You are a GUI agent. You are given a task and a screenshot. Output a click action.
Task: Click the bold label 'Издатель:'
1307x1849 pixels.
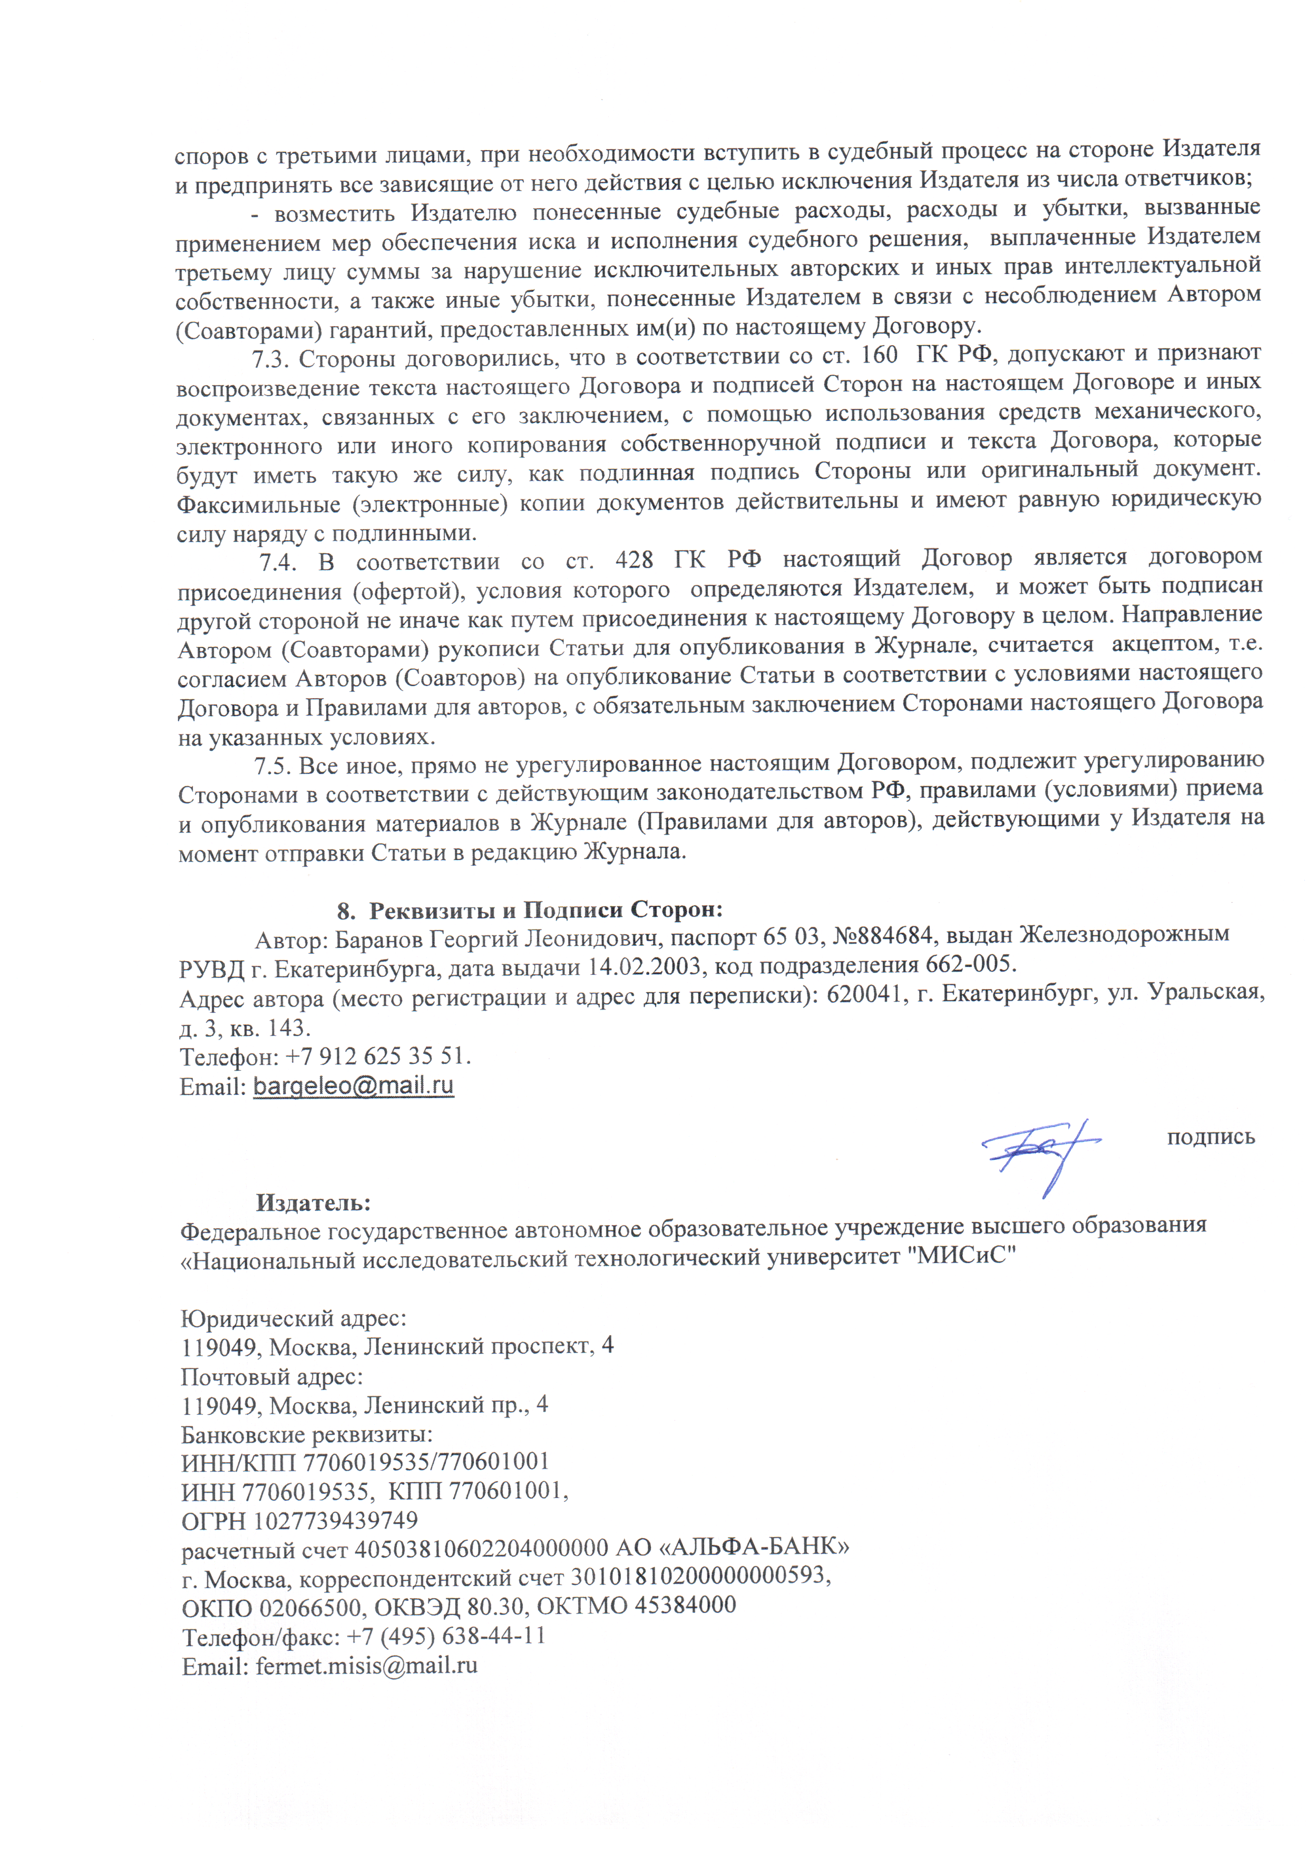[313, 1202]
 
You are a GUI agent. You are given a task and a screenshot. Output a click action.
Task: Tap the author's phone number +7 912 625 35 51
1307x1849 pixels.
[378, 1056]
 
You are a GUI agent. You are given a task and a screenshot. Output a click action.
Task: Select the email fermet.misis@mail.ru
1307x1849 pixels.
[366, 1666]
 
